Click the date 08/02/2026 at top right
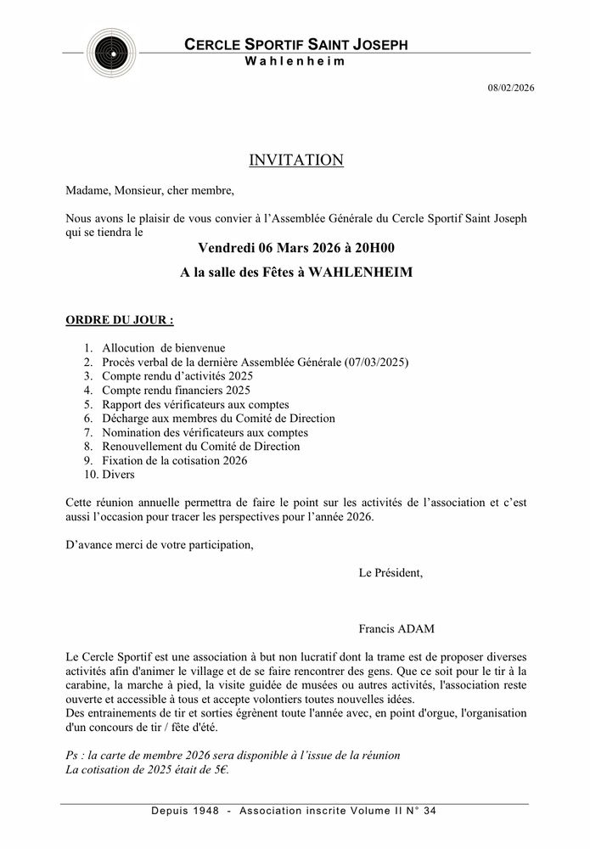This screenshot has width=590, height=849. click(x=511, y=87)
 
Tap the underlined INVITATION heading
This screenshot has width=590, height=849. click(x=295, y=160)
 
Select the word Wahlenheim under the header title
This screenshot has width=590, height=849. click(x=295, y=62)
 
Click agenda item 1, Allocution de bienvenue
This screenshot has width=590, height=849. click(x=164, y=347)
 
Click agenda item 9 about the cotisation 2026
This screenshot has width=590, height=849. click(x=175, y=460)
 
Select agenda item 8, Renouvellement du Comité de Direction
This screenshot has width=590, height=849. click(x=200, y=446)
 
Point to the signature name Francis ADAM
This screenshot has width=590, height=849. click(x=396, y=629)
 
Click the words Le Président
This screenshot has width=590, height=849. click(x=391, y=572)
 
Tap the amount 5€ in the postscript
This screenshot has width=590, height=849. click(x=219, y=770)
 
